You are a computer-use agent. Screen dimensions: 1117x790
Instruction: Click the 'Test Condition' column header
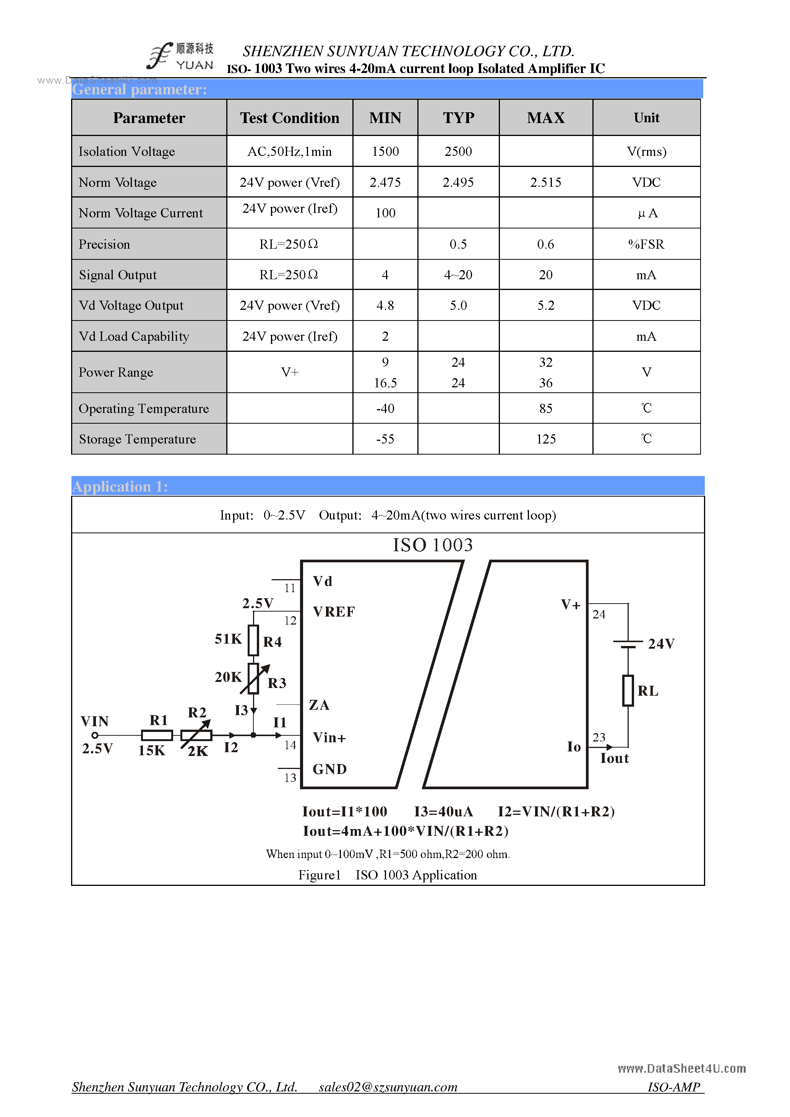[x=290, y=118]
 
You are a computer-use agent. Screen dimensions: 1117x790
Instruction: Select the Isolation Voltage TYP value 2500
[x=458, y=151]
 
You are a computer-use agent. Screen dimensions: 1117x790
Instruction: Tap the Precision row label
[x=105, y=244]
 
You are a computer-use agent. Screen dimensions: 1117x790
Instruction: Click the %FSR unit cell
[x=646, y=244]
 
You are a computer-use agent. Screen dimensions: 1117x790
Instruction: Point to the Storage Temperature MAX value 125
[x=546, y=439]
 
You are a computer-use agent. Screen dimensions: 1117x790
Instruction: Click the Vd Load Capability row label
[x=134, y=337]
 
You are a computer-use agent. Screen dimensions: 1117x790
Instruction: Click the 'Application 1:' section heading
[x=120, y=487]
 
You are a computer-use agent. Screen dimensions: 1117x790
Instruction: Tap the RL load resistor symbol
[x=628, y=690]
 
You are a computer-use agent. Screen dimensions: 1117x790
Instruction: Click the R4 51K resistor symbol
[x=253, y=640]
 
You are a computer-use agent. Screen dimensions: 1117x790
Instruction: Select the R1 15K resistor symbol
[x=157, y=735]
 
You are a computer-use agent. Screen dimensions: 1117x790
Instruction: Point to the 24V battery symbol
[x=628, y=644]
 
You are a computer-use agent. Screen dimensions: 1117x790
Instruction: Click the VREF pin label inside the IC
[x=334, y=612]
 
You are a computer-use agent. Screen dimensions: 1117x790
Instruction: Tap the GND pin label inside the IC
[x=329, y=769]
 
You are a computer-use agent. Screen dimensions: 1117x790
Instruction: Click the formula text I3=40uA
[x=443, y=811]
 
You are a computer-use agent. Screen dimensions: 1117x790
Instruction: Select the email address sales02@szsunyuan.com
[x=388, y=1087]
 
